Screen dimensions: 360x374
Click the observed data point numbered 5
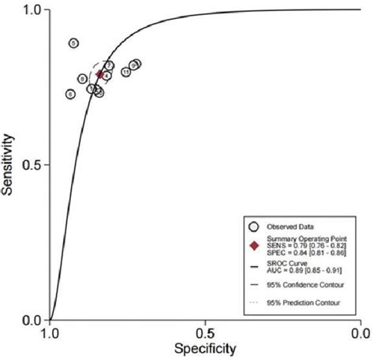(x=73, y=43)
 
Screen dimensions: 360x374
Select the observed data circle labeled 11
(x=126, y=72)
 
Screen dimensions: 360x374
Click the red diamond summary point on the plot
(x=99, y=74)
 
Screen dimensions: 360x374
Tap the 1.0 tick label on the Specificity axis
(x=51, y=332)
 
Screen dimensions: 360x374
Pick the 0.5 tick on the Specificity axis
(x=206, y=332)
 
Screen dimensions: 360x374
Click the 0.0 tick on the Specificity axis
(x=361, y=332)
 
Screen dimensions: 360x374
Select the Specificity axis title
(x=206, y=347)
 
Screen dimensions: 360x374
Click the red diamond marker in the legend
(x=253, y=245)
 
